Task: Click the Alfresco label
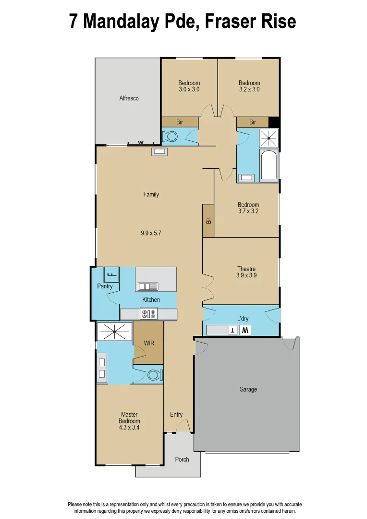pyautogui.click(x=129, y=98)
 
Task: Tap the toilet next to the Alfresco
pyautogui.click(x=170, y=136)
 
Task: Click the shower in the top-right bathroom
pyautogui.click(x=269, y=138)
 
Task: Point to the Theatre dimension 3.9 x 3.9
pyautogui.click(x=246, y=275)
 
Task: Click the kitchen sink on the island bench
pyautogui.click(x=148, y=286)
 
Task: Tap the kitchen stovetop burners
pyautogui.click(x=148, y=314)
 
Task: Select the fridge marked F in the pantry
pyautogui.click(x=111, y=274)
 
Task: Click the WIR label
pyautogui.click(x=149, y=344)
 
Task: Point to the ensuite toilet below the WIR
pyautogui.click(x=155, y=374)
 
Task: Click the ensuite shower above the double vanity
pyautogui.click(x=114, y=331)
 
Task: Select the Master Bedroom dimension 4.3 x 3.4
pyautogui.click(x=129, y=427)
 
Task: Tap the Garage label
pyautogui.click(x=248, y=389)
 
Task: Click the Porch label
pyautogui.click(x=182, y=459)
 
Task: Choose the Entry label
pyautogui.click(x=176, y=415)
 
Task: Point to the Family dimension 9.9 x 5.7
pyautogui.click(x=150, y=233)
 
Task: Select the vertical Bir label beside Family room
pyautogui.click(x=208, y=221)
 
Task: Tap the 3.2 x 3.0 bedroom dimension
pyautogui.click(x=249, y=89)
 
